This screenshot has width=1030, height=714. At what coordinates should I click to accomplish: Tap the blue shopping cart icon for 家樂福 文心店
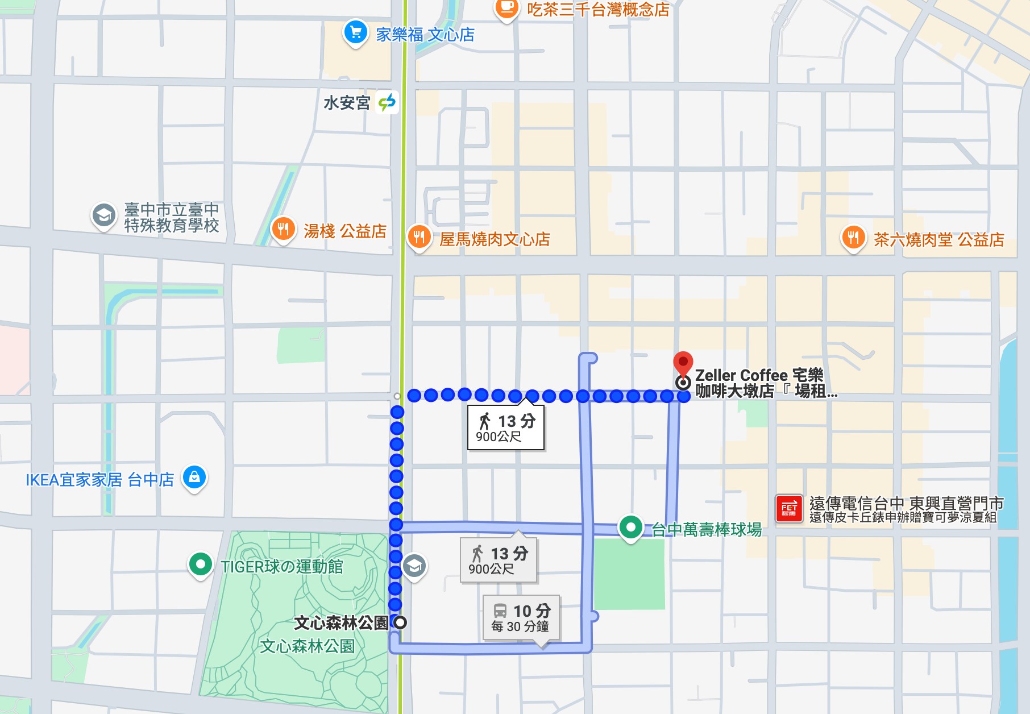[356, 32]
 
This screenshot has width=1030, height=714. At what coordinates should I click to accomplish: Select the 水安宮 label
[347, 103]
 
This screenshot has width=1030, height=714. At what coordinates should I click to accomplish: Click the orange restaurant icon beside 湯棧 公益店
[283, 229]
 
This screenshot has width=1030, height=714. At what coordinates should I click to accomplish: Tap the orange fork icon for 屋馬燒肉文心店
[419, 236]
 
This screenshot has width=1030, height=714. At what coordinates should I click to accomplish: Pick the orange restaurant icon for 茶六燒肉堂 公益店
[853, 237]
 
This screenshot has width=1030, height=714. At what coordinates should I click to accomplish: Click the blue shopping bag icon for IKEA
[194, 477]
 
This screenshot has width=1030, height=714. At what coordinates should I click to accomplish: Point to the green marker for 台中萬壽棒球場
[630, 527]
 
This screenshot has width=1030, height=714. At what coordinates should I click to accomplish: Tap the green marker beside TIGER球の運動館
[200, 564]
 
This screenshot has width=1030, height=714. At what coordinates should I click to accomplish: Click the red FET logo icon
[789, 508]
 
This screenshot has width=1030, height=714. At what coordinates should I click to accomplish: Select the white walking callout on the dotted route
[505, 427]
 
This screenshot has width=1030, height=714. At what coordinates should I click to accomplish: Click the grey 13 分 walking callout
[498, 560]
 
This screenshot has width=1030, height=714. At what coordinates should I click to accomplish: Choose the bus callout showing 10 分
[521, 617]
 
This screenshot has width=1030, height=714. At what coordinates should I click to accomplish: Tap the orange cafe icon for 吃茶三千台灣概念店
[506, 8]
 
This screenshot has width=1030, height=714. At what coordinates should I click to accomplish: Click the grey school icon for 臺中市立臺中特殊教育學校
[103, 215]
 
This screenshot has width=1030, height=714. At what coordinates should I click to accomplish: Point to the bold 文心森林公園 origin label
[341, 623]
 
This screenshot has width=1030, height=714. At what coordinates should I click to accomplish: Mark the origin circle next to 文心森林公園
[400, 622]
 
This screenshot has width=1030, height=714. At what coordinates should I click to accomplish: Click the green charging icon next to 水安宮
[387, 102]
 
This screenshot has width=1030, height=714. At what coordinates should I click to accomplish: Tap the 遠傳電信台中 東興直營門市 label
[906, 503]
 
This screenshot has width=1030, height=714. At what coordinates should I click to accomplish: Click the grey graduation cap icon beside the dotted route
[414, 566]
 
